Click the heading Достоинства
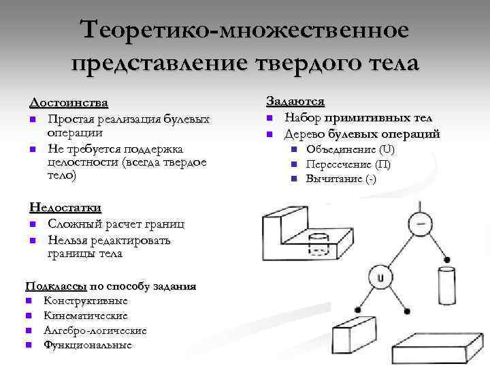tap(69, 103)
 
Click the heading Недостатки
tap(65, 207)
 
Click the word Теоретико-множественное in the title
tap(244, 29)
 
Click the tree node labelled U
tap(380, 277)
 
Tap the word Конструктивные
tap(85, 301)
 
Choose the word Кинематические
tap(85, 316)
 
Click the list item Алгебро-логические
tap(95, 331)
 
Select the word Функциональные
tap(88, 346)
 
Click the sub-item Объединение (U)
tap(350, 149)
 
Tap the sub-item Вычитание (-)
tap(340, 179)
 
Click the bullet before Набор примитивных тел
tap(269, 118)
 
